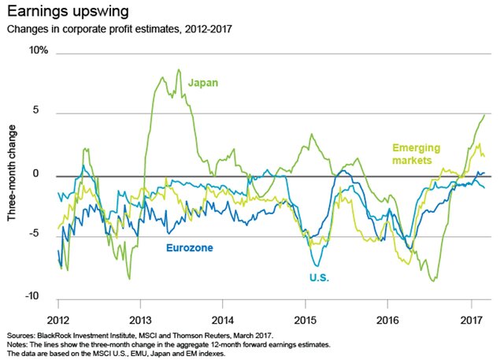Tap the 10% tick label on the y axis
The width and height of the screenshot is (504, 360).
(39, 50)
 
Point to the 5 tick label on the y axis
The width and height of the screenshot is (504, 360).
(44, 112)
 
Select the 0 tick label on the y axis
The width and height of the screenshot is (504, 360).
(45, 174)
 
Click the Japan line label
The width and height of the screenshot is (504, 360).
(203, 82)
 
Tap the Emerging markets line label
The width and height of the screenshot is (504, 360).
(417, 154)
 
